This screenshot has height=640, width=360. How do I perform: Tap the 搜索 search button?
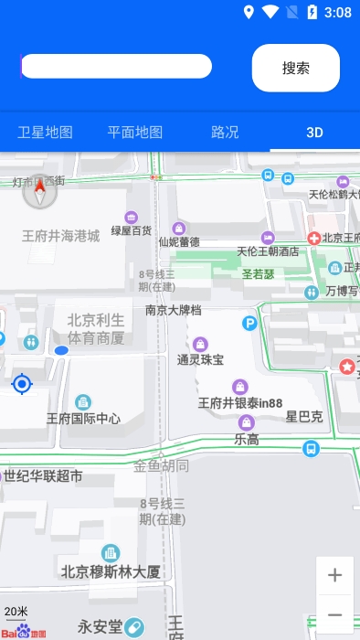tap(295, 68)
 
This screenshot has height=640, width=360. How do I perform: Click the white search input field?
tap(116, 66)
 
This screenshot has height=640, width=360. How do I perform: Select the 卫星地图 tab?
tap(45, 132)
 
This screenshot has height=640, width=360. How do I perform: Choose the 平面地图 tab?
tap(135, 132)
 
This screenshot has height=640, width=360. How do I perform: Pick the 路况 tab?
tap(225, 132)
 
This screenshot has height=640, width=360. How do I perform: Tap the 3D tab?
tap(314, 132)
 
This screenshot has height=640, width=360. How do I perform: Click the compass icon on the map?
tap(39, 192)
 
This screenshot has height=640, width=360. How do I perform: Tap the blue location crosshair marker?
tap(22, 384)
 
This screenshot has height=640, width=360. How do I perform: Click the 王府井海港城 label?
tap(60, 236)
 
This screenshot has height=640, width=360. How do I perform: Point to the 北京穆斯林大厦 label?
tap(111, 572)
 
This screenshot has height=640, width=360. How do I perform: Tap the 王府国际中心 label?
tap(83, 419)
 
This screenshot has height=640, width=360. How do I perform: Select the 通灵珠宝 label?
tap(200, 359)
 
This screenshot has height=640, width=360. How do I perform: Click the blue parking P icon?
tap(249, 323)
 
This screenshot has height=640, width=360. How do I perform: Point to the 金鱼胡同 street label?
tap(162, 465)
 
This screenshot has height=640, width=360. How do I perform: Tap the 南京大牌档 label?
tap(173, 310)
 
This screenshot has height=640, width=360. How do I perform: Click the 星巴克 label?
tap(304, 417)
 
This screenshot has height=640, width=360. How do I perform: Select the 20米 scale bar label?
tap(16, 611)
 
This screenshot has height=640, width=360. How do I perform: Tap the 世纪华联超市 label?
tap(43, 475)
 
